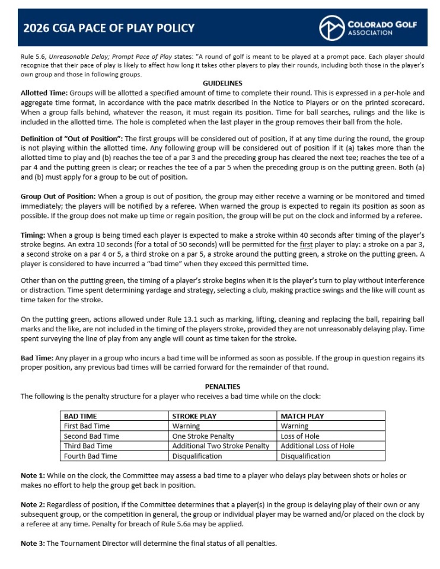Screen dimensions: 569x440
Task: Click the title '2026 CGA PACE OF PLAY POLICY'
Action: click(109, 28)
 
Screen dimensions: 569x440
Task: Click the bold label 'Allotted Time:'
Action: click(44, 93)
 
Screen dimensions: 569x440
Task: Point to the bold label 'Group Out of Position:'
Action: click(58, 196)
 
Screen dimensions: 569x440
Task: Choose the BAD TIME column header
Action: click(80, 416)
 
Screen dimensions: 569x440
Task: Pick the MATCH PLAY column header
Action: click(302, 416)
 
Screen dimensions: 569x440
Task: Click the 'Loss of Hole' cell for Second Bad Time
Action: click(301, 436)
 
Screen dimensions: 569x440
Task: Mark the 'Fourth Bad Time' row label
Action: click(90, 456)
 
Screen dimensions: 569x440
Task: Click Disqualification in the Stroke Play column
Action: click(197, 456)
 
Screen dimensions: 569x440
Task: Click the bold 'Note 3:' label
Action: click(33, 544)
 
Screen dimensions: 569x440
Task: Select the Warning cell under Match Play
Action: click(295, 426)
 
